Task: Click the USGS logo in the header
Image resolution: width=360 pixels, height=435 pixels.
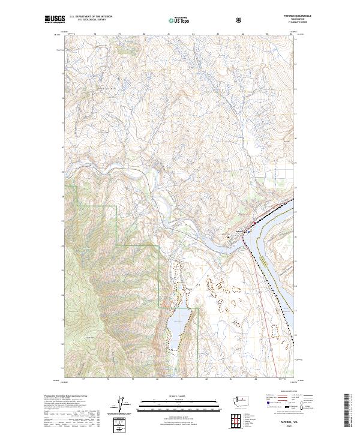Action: point(55,20)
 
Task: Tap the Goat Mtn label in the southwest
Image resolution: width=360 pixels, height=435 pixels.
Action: point(91,338)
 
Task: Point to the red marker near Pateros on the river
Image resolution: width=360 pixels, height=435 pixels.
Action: point(246,230)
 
